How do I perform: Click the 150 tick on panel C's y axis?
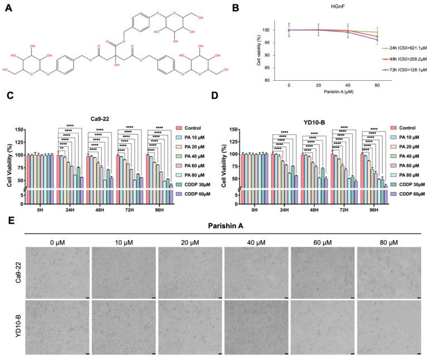[x=19, y=130]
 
